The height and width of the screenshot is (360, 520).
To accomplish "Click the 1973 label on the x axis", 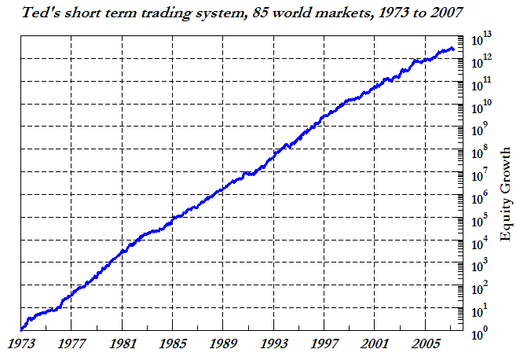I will pyautogui.click(x=21, y=343).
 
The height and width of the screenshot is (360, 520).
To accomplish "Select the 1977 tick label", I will pyautogui.click(x=71, y=343).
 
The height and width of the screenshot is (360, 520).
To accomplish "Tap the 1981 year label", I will pyautogui.click(x=122, y=343).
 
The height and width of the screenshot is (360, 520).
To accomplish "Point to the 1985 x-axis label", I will pyautogui.click(x=173, y=343).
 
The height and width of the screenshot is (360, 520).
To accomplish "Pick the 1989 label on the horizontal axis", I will pyautogui.click(x=223, y=343).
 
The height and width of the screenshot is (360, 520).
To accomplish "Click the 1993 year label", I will pyautogui.click(x=273, y=343).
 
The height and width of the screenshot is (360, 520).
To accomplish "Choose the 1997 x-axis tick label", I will pyautogui.click(x=324, y=343).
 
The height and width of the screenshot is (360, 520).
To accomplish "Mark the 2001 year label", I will pyautogui.click(x=375, y=343).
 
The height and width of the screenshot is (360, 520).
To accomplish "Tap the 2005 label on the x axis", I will pyautogui.click(x=425, y=343).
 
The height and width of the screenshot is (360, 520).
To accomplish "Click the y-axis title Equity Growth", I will pyautogui.click(x=506, y=182).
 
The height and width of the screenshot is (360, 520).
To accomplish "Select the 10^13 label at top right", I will pyautogui.click(x=482, y=36).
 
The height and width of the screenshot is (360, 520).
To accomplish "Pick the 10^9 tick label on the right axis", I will pyautogui.click(x=480, y=128).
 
